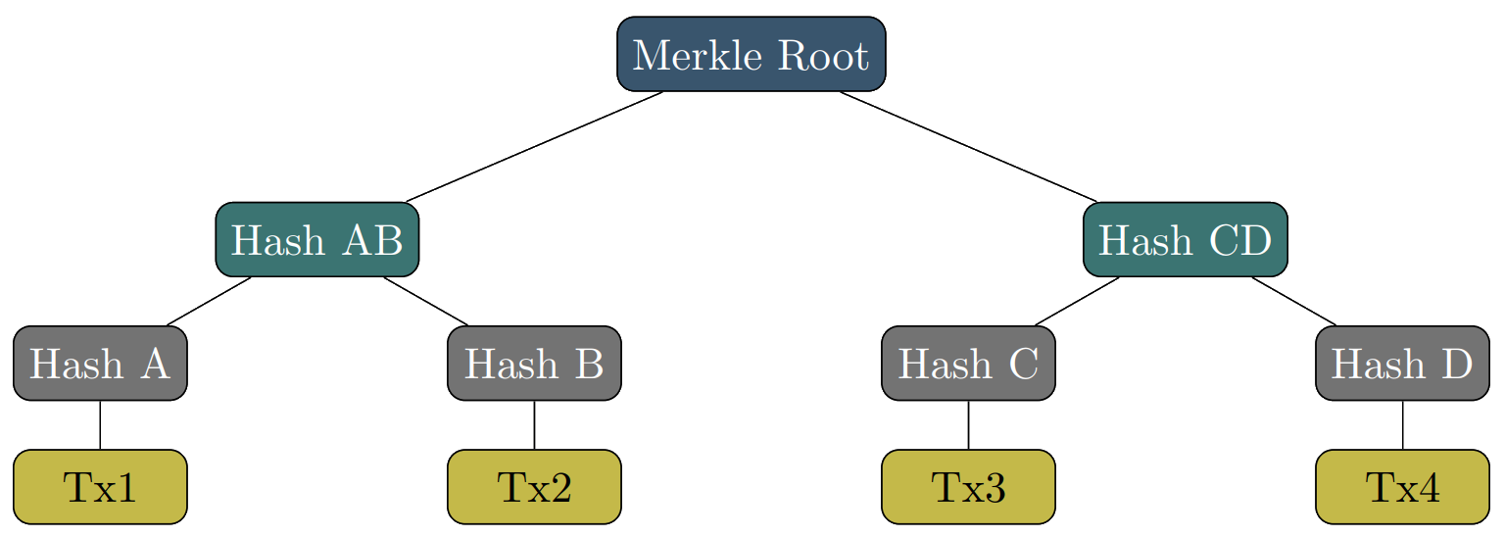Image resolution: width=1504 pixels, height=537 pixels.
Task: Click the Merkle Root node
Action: coord(751,54)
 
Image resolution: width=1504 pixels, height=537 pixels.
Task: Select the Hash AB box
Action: coord(316,239)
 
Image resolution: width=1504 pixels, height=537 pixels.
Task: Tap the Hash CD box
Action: coord(1185,239)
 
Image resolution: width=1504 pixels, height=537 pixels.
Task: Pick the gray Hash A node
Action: coord(100,364)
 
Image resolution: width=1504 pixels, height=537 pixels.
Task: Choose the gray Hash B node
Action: coord(534,364)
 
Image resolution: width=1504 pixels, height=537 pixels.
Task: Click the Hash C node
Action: coord(968,364)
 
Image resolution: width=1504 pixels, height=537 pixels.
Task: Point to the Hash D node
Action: coord(1402,364)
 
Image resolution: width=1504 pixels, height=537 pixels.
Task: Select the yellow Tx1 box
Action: coord(100,487)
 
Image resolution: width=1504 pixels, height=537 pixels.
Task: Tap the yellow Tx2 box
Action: coord(534,487)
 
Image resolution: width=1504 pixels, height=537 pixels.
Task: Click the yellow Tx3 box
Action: coord(968,487)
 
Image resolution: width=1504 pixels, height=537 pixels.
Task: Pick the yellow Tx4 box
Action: coord(1402,487)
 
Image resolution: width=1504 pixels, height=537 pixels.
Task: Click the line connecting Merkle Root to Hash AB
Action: coord(534,147)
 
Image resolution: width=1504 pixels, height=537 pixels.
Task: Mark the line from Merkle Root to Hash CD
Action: coord(968,147)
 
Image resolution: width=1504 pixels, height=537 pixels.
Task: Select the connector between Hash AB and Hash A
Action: coord(209,302)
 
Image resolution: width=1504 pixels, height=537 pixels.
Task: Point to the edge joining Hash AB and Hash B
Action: coord(425,302)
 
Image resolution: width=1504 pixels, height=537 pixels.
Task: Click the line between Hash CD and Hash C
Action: coord(1077,302)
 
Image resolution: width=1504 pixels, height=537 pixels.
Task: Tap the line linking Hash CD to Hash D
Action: coord(1293,302)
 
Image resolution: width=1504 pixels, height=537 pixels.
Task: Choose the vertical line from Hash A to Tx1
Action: coord(100,425)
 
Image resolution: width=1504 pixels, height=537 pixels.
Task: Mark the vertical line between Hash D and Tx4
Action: coord(1403,425)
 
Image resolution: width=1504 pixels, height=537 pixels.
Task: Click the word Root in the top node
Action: coord(822,55)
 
